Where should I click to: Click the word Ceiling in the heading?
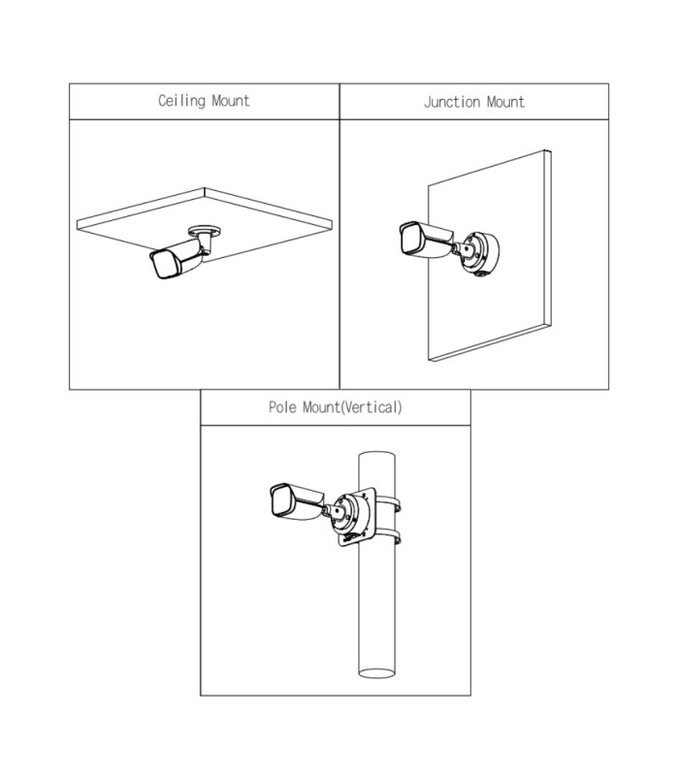point(180,101)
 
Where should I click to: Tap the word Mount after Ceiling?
point(230,101)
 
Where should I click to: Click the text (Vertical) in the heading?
point(371,407)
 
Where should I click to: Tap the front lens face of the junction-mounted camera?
point(407,236)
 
